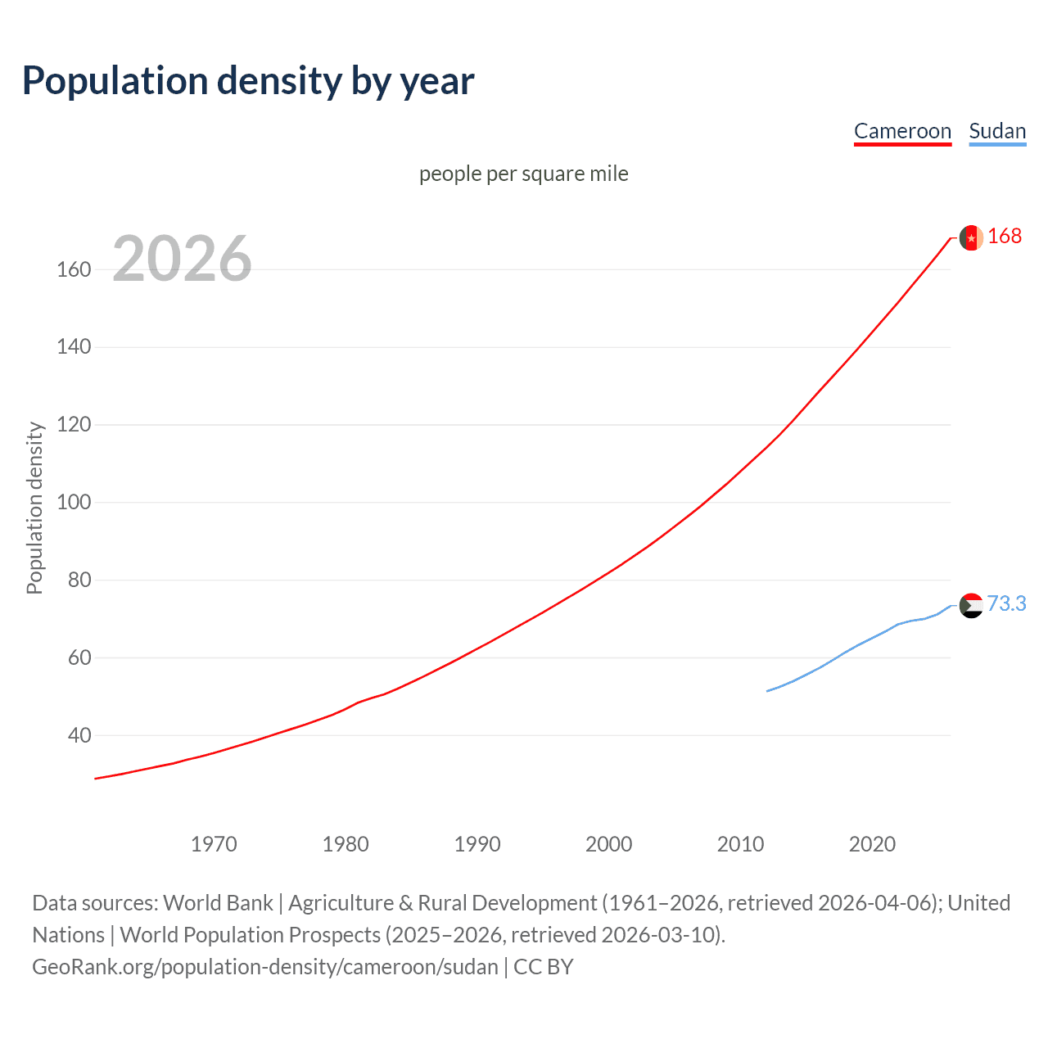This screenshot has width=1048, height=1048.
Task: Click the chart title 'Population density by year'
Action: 248,80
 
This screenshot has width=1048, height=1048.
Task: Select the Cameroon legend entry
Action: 902,131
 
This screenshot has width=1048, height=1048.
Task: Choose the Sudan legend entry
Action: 996,131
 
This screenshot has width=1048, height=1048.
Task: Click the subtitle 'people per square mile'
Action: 523,174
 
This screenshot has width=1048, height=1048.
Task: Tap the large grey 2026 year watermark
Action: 182,259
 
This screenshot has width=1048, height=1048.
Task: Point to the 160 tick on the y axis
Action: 74,269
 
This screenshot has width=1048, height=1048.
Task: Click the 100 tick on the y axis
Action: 74,502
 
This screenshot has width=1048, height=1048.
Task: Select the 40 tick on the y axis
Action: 79,735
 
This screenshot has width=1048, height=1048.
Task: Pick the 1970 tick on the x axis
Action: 214,844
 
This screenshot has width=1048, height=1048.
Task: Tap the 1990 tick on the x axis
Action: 477,844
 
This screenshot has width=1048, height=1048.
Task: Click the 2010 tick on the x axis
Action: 740,844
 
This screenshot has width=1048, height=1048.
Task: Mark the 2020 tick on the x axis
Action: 872,844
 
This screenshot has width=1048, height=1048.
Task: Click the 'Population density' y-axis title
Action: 34,508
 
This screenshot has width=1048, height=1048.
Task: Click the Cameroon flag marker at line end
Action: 971,237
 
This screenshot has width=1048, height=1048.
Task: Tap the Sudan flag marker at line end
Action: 971,606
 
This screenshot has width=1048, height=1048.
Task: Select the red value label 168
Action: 1005,236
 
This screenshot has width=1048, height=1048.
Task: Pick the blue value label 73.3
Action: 1006,603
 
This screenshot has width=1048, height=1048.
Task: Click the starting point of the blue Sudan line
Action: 767,691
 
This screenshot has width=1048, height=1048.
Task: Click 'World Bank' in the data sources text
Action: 218,902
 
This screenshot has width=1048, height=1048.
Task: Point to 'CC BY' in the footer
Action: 543,966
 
